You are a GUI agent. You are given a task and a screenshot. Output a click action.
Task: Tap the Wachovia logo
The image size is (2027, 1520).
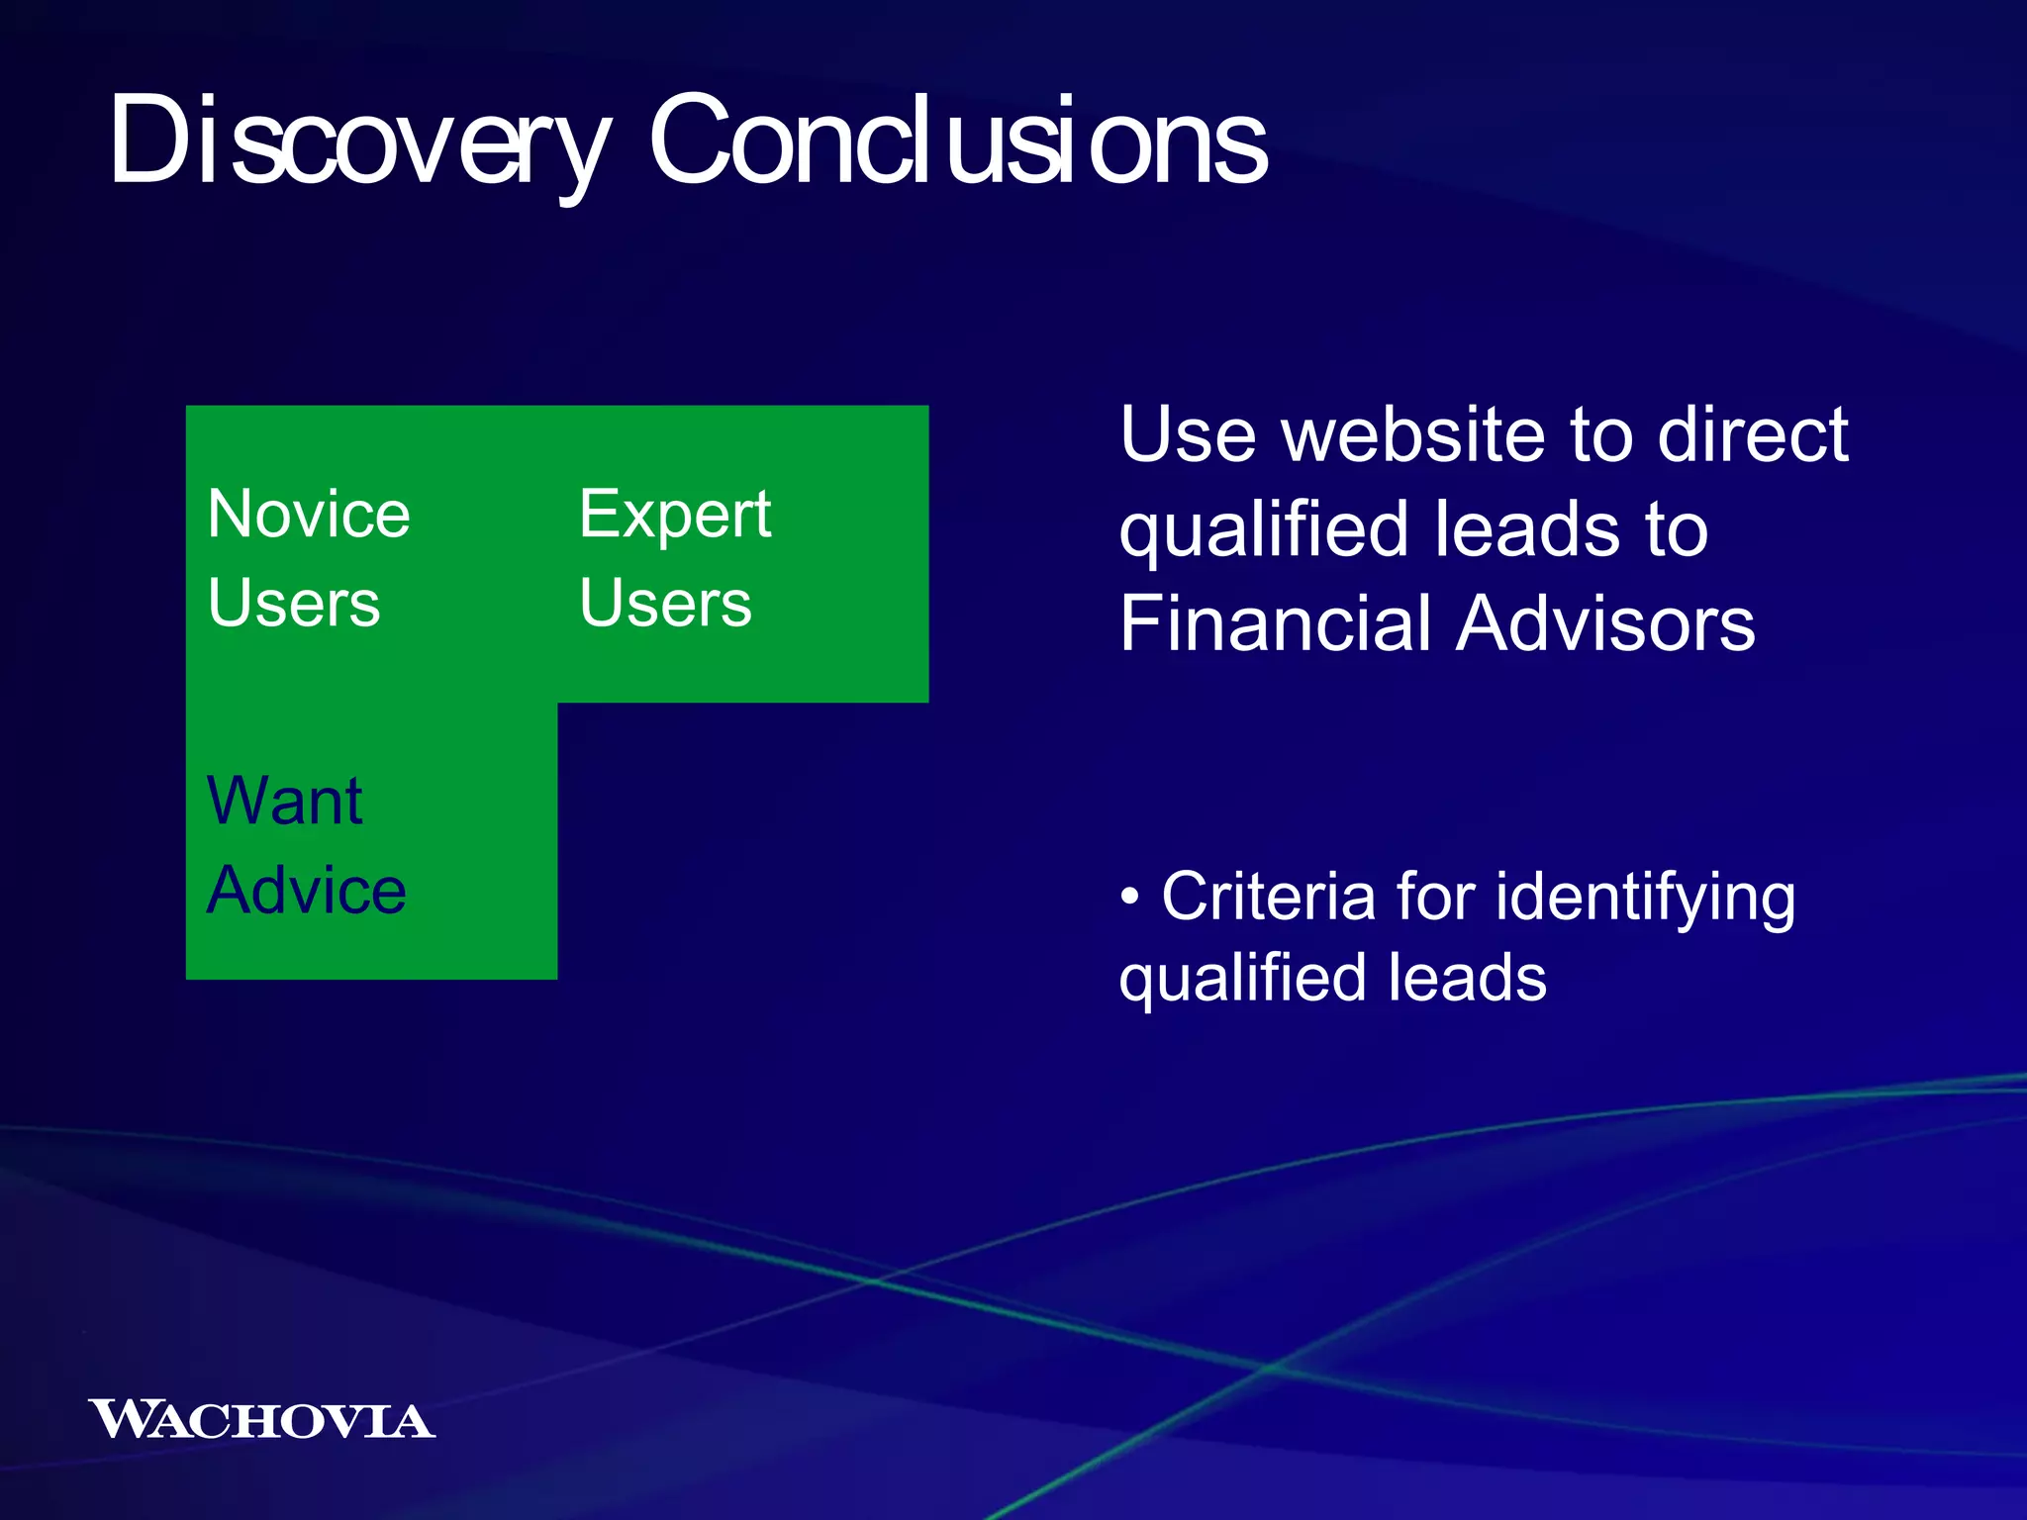[261, 1420]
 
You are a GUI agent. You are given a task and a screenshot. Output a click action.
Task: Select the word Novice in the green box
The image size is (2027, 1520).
[309, 515]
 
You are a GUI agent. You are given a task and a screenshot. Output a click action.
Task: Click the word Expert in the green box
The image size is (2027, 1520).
[675, 515]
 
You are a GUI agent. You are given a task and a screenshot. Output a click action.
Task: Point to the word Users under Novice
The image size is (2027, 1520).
[294, 604]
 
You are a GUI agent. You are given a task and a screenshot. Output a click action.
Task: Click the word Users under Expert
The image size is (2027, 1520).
[665, 604]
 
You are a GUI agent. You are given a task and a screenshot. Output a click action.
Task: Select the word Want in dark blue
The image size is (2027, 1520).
[285, 801]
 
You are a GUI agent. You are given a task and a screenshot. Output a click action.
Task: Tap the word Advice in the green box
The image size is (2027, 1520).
[307, 890]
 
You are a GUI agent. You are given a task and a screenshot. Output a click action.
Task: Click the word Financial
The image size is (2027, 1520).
[1277, 624]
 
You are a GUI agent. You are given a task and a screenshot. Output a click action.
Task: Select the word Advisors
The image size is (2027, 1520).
[1606, 624]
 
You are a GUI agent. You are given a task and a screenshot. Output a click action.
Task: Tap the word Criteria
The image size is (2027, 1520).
[1269, 897]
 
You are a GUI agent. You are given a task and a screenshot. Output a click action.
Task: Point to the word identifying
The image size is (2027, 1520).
[1645, 899]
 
